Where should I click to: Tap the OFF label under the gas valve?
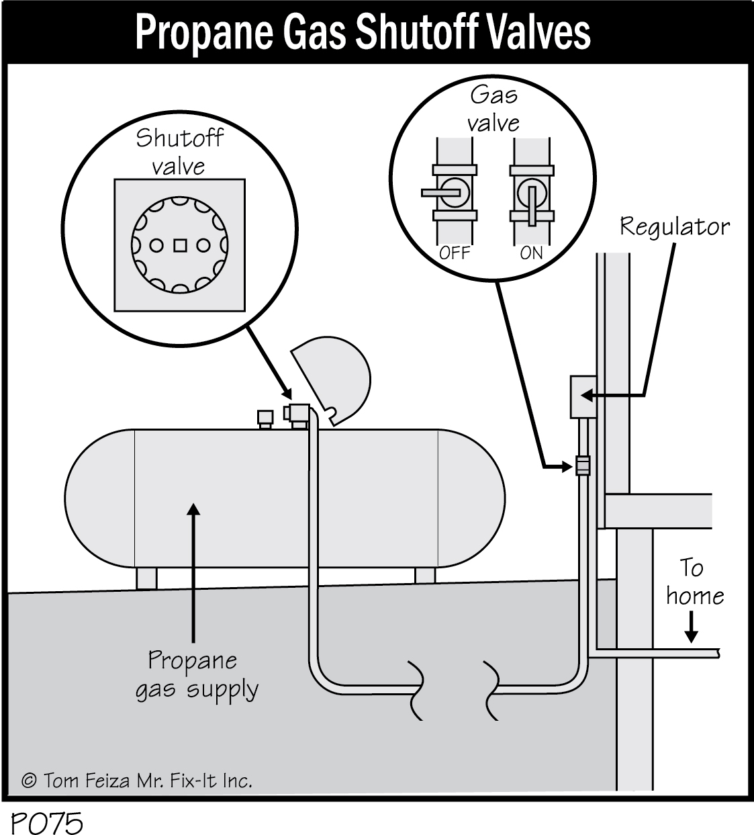point(454,253)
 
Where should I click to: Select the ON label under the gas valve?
point(531,253)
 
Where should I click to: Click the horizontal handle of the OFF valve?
point(440,193)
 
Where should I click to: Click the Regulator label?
point(674,226)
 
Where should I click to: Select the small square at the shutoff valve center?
point(179,245)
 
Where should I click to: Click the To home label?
point(694,582)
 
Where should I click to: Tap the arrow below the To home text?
point(691,629)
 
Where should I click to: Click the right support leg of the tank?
point(424,576)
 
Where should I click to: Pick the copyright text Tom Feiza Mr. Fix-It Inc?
point(138,781)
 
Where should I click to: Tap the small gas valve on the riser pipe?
point(582,465)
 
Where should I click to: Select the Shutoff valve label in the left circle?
point(179,152)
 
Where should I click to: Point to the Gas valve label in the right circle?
point(493,109)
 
